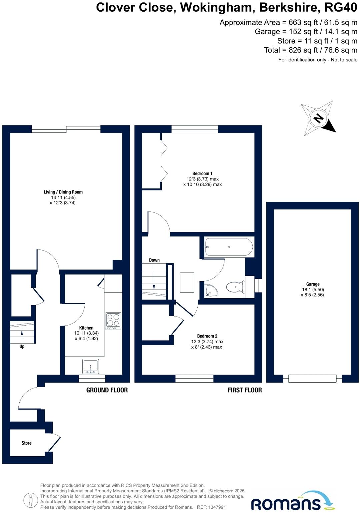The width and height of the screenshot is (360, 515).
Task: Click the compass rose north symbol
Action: tap(318, 118)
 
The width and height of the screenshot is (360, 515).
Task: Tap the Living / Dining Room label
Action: tap(63, 192)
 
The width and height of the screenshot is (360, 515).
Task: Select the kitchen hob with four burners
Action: tap(113, 321)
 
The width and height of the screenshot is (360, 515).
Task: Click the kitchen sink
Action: tap(90, 367)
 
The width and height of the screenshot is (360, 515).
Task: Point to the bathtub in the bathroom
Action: tap(229, 247)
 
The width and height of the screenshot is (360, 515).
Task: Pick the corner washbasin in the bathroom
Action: tap(211, 291)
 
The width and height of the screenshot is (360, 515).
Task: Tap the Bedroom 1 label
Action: tap(202, 173)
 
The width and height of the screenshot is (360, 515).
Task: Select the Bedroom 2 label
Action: tap(207, 336)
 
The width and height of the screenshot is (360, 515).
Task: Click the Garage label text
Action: tap(313, 284)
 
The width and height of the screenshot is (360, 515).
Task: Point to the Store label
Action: tap(26, 443)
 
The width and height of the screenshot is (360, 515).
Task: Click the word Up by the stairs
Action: tap(22, 347)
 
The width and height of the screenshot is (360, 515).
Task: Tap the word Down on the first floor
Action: tap(154, 260)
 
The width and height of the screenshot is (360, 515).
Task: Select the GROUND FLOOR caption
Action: tap(107, 390)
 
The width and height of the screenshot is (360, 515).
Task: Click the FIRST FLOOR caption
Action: tap(244, 390)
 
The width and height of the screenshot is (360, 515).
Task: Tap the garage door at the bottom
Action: tap(312, 379)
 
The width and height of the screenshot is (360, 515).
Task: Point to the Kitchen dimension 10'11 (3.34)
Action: tap(86, 333)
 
